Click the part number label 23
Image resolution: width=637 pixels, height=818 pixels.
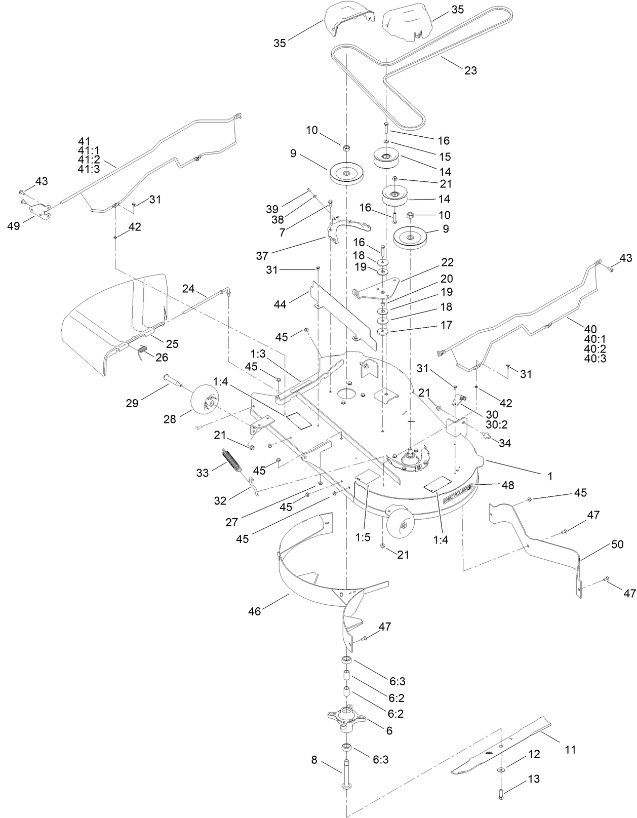pyautogui.click(x=470, y=70)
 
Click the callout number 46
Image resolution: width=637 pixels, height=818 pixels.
pyautogui.click(x=254, y=612)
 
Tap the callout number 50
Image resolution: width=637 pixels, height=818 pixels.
pyautogui.click(x=617, y=545)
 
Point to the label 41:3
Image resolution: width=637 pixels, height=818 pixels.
pyautogui.click(x=89, y=169)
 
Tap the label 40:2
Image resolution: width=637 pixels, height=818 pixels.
pyautogui.click(x=595, y=349)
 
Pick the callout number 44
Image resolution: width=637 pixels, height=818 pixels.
pyautogui.click(x=280, y=304)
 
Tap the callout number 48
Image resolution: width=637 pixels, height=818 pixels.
pyautogui.click(x=507, y=485)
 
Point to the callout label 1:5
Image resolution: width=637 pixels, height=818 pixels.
pyautogui.click(x=363, y=537)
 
